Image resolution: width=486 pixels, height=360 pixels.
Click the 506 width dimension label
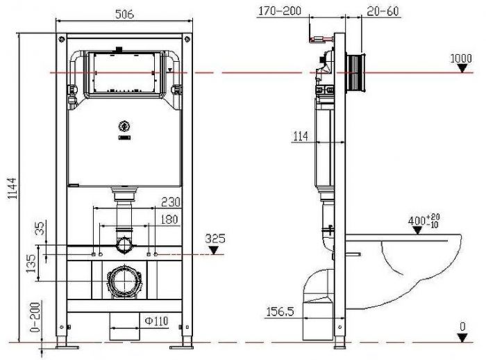124,14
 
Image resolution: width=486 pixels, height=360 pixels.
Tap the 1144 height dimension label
12,188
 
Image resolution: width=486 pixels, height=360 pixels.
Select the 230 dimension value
171,202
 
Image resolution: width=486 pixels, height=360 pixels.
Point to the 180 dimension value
169,220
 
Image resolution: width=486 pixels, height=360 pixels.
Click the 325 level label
215,238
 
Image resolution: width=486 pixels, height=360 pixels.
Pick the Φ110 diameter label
156,321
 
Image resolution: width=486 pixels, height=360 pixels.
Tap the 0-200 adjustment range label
35,316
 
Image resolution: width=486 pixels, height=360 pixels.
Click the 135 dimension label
31,263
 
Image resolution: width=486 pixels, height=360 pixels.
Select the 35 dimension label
40,228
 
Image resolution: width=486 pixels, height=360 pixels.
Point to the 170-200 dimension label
280,11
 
